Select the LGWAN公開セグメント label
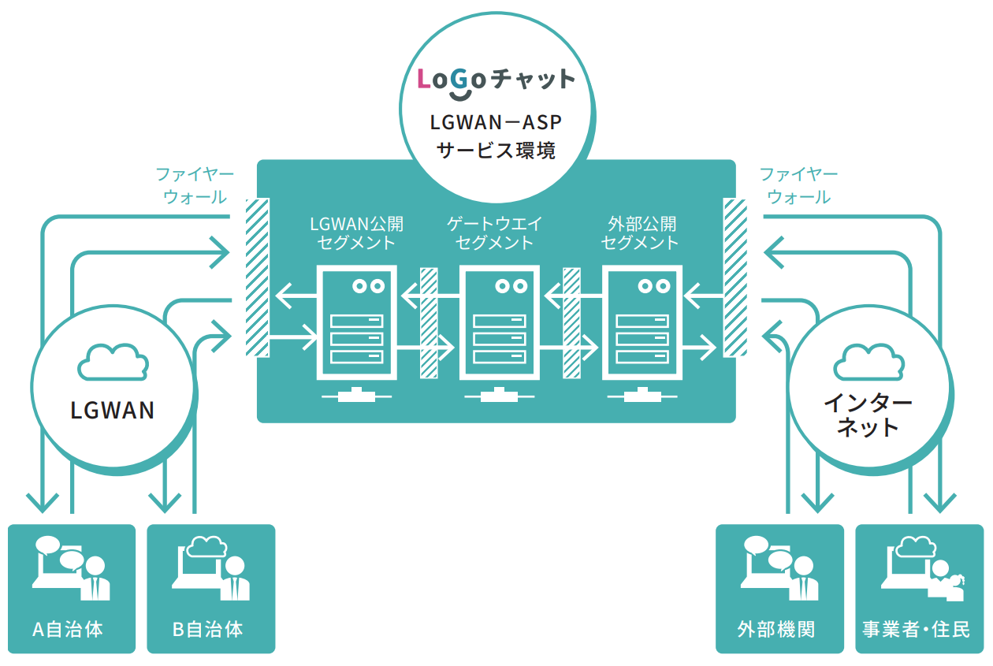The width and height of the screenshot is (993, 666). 356,233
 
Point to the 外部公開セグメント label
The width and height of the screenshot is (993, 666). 640,233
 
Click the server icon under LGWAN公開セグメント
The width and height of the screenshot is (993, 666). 356,325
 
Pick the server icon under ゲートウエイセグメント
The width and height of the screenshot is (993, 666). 498,325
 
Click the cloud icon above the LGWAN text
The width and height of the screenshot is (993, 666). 113,363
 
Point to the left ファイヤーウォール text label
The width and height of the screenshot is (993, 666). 194,185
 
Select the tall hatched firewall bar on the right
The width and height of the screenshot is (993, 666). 735,277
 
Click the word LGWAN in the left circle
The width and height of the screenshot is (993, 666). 113,411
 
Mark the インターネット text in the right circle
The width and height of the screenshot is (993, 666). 868,415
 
